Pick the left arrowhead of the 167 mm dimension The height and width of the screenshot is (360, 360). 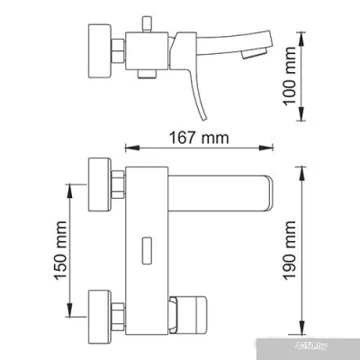[127, 148]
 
